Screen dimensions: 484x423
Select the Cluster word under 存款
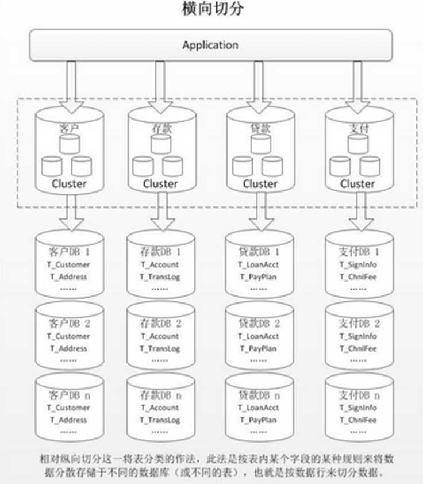click(x=160, y=184)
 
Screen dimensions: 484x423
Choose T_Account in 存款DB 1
click(x=160, y=264)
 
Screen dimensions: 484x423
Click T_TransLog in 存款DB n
click(x=160, y=420)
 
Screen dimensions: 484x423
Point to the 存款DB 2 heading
click(x=160, y=324)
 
